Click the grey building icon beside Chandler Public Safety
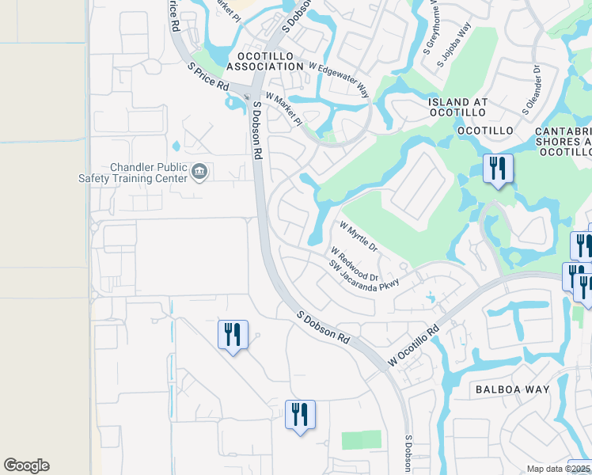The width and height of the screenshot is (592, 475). coord(199,171)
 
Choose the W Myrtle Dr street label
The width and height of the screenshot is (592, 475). coord(359,236)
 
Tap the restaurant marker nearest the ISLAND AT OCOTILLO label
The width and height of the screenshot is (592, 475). coord(498,169)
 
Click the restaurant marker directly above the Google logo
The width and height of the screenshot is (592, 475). coord(233,335)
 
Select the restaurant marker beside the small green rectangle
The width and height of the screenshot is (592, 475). coord(300,415)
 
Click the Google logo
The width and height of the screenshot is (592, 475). coord(26,465)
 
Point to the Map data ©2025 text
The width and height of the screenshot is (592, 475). coord(559,469)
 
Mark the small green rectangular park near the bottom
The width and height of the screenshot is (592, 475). coord(361,439)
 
